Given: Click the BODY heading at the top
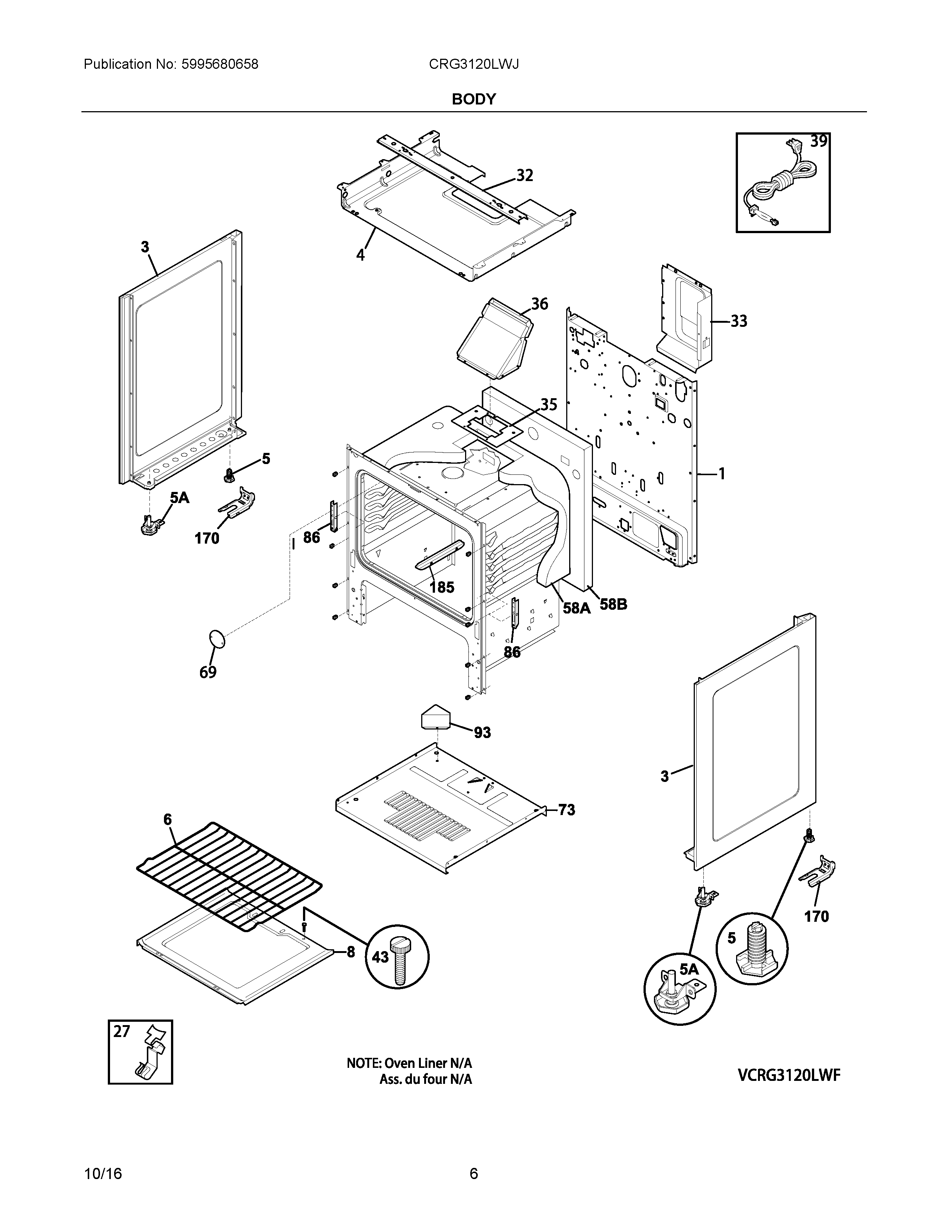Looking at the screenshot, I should pos(473,99).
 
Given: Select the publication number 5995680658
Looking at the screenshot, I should pos(220,65).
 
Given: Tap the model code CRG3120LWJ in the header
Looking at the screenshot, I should pos(473,65).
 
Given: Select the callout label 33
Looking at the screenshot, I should pos(739,321).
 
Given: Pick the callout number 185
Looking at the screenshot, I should pos(442,587).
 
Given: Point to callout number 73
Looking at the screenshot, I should pos(567,809).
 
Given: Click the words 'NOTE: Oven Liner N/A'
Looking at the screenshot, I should pos(409,1063).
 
